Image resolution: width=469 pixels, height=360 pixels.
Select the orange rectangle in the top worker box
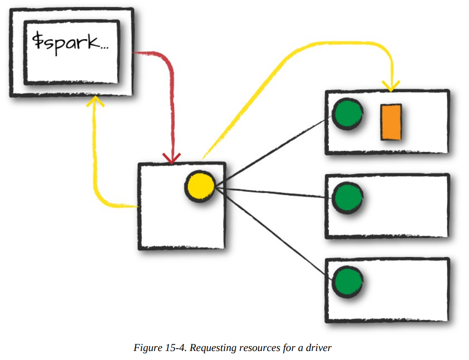pos(391,122)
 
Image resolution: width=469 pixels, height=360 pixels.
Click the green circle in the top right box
pos(347,114)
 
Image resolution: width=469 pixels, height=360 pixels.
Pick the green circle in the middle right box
pos(347,198)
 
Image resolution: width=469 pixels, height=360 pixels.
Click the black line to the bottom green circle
pos(274,233)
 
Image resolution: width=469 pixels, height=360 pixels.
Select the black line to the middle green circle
pos(274,193)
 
